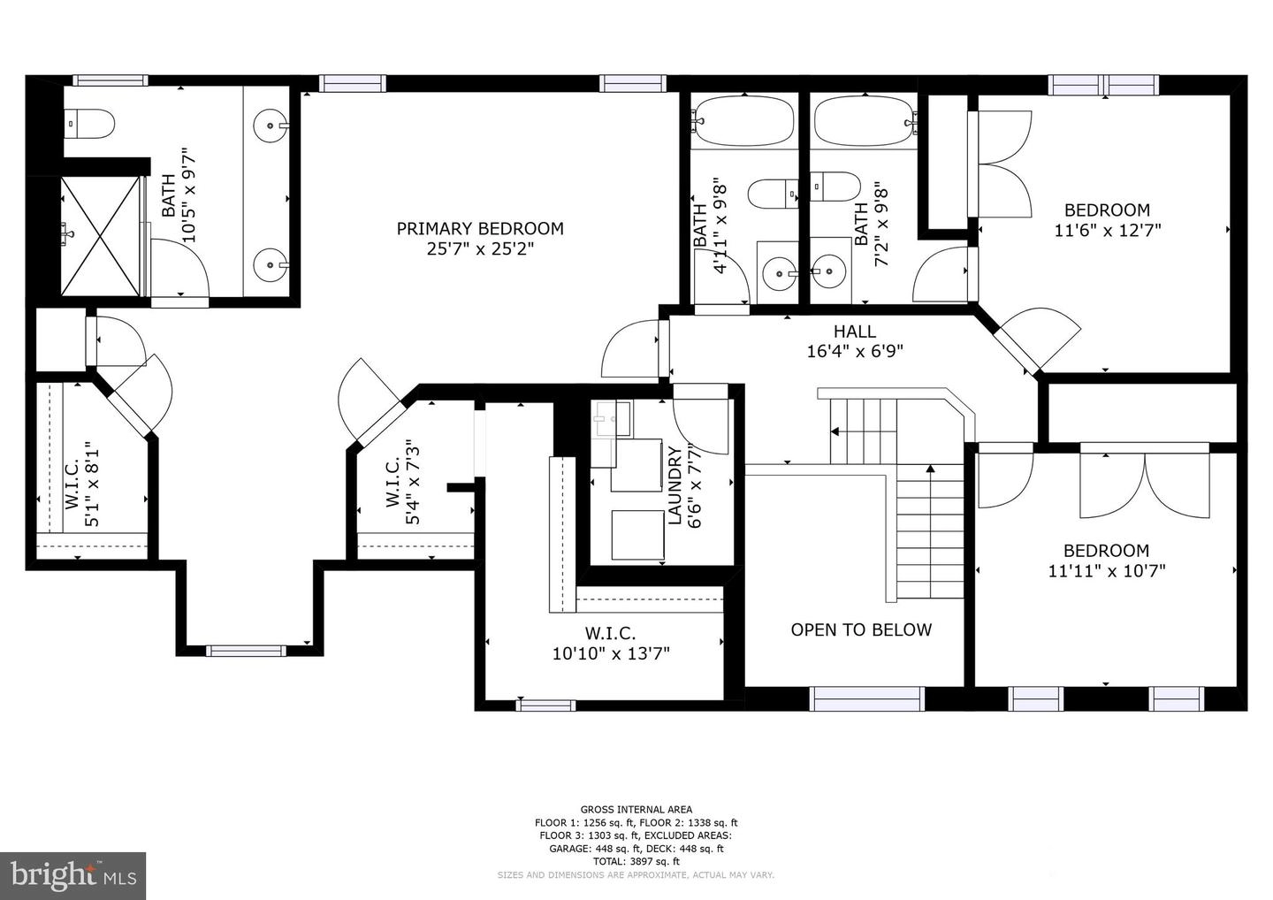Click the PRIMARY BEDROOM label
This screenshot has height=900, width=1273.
(x=480, y=228)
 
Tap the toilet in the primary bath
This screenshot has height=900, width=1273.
(x=88, y=124)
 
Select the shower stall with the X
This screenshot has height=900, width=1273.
(x=100, y=236)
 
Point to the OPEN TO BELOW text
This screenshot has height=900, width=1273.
(x=861, y=629)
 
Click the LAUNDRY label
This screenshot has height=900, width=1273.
(x=675, y=485)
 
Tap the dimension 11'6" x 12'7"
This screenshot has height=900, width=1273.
(x=1107, y=231)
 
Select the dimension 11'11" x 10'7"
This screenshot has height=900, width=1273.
(x=1107, y=571)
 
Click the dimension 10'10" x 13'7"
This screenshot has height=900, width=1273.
(x=611, y=654)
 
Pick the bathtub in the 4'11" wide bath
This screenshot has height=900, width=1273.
(x=743, y=122)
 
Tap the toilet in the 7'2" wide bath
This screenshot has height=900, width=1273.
(x=835, y=187)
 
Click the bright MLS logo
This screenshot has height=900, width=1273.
(x=72, y=875)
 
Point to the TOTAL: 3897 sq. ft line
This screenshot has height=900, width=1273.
(x=636, y=861)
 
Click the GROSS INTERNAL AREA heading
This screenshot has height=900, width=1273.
(x=636, y=810)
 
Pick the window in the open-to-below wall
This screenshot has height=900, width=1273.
(x=866, y=698)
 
